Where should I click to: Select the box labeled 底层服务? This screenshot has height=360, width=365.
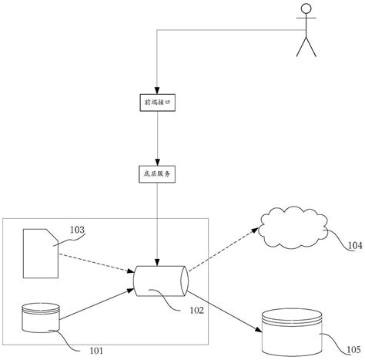pos(156,174)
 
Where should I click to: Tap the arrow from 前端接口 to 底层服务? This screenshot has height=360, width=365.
pos(156,139)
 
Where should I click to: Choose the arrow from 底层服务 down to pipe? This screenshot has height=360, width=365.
pos(156,224)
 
